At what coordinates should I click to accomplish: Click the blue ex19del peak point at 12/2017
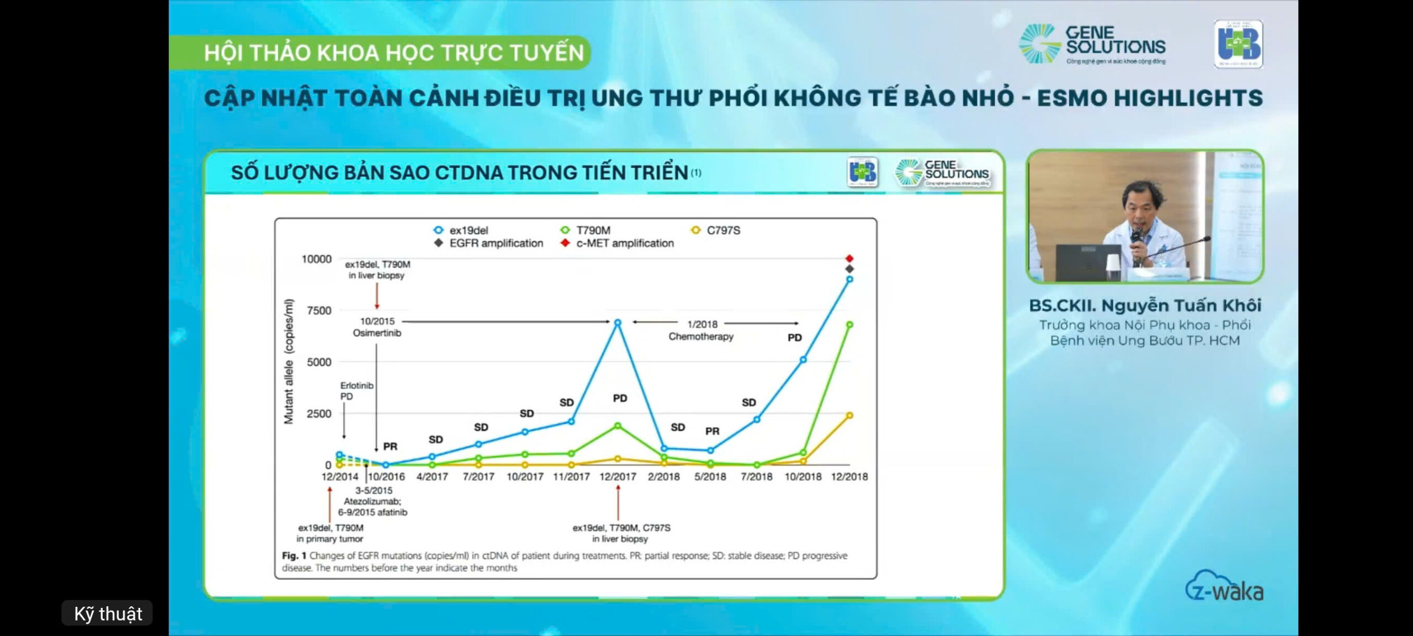click(x=618, y=322)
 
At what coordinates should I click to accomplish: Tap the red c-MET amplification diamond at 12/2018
click(x=849, y=258)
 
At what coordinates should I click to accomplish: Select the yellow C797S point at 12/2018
click(x=849, y=415)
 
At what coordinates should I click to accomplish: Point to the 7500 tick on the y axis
click(x=319, y=310)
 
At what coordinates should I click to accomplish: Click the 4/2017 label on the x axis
click(x=432, y=476)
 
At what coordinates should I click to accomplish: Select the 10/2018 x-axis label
click(x=803, y=476)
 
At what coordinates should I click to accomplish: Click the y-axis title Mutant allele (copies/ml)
click(x=289, y=362)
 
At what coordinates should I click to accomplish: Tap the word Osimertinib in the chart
click(x=377, y=333)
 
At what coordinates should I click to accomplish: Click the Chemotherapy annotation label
click(x=701, y=336)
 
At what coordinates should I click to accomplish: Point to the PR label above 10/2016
click(x=390, y=446)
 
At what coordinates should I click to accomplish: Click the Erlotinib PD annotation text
click(x=356, y=391)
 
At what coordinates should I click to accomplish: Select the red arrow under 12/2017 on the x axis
click(x=618, y=502)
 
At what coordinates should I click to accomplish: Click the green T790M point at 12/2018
click(x=849, y=325)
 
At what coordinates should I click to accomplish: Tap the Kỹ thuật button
click(x=108, y=613)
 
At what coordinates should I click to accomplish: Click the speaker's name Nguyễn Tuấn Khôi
click(x=1145, y=305)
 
